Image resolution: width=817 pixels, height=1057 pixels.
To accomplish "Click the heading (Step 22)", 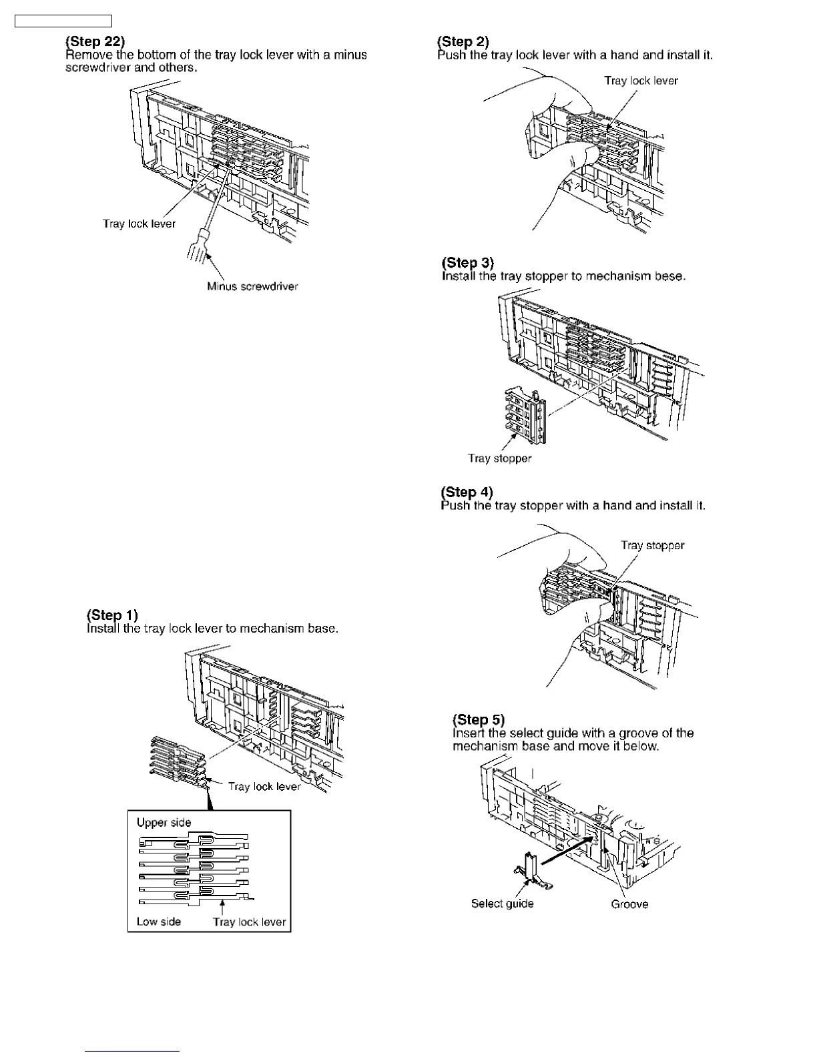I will click(95, 41).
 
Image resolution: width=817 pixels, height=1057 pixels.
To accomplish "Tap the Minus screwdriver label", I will click(252, 286).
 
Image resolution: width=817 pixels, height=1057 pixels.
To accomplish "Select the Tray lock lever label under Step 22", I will click(139, 224).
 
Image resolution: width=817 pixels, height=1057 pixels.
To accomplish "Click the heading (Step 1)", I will click(112, 615).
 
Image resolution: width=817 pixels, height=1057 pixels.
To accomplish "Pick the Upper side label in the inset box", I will click(164, 822).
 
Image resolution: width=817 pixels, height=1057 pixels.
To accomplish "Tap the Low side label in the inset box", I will click(158, 922).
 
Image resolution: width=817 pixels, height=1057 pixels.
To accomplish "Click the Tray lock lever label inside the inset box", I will click(249, 922).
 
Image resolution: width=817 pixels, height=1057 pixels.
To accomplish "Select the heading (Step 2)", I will click(463, 41).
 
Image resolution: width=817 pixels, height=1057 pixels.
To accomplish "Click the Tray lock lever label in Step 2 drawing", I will click(641, 81).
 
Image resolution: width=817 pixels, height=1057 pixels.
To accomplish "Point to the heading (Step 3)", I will click(468, 262).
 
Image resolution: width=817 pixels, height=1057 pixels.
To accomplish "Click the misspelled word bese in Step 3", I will click(669, 276).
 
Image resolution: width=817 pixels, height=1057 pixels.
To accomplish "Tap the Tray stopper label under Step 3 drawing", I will click(499, 458).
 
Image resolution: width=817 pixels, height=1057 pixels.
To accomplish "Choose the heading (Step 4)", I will click(467, 492).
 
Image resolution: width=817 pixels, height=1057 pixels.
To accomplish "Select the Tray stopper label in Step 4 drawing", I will click(652, 545).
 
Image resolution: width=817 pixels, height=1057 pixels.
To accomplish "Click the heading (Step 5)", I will click(479, 719).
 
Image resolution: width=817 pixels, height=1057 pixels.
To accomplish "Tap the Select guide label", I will click(502, 904).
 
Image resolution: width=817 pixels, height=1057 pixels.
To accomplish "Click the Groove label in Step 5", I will click(629, 904).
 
